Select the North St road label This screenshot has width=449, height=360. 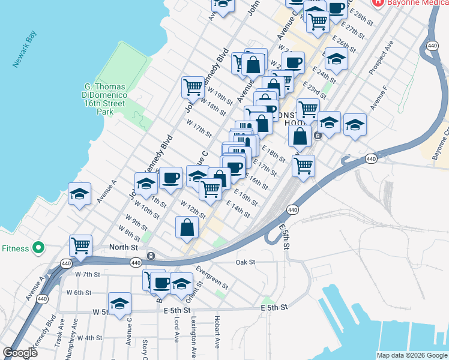(124, 247)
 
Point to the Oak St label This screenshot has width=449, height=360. (246, 262)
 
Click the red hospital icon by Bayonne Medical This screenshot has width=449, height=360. (378, 3)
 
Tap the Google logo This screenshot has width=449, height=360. (20, 353)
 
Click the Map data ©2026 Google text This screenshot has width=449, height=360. (412, 355)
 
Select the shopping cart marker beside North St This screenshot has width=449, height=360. (80, 245)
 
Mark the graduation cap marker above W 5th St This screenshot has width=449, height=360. (119, 303)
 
